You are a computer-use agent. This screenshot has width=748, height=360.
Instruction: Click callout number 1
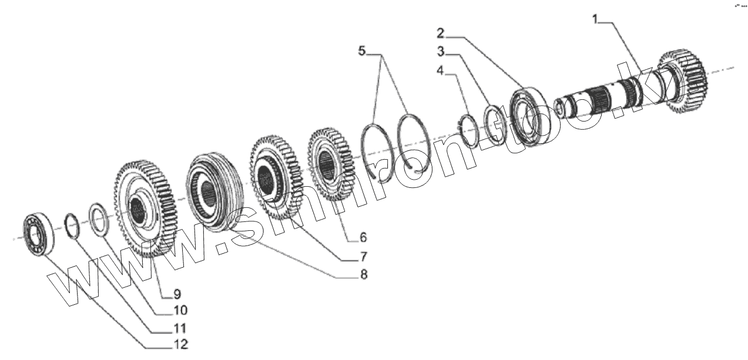(595, 20)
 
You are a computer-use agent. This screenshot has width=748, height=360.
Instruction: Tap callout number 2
(440, 31)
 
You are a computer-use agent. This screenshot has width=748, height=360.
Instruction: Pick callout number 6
(363, 237)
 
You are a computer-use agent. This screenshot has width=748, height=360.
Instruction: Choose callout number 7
(363, 256)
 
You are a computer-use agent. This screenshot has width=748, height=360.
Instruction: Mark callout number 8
(363, 274)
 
